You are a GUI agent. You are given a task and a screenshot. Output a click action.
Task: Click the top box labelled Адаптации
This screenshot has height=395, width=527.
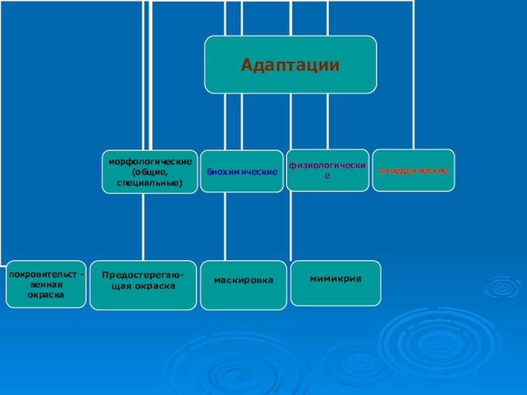point(291,65)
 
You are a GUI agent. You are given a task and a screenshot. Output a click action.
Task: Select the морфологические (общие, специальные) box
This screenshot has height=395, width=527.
point(150,171)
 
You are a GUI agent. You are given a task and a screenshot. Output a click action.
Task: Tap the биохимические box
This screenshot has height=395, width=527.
point(242,171)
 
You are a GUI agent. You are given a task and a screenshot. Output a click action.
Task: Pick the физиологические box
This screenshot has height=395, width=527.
point(327,171)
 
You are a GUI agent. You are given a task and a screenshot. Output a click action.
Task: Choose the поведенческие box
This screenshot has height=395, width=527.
point(413,171)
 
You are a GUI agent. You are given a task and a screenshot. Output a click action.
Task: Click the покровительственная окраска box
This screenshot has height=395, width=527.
point(45,284)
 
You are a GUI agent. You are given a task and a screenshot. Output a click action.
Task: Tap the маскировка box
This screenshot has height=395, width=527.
point(244,285)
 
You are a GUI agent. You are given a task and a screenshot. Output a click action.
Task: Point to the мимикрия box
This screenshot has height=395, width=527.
point(336,283)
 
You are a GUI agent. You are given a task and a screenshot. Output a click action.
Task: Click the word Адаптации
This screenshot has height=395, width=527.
point(291,65)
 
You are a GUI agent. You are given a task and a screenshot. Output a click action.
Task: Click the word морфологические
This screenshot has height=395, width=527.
point(150,161)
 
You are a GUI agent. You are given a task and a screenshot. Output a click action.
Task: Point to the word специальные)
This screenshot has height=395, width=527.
point(150,181)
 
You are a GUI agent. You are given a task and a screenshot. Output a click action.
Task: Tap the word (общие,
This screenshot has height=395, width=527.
point(150,171)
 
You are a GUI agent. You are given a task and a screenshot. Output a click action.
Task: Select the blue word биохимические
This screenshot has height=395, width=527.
point(242,171)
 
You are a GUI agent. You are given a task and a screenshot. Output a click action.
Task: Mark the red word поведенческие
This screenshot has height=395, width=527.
point(413,171)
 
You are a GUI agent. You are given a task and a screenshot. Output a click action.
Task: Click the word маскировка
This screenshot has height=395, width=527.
point(244,280)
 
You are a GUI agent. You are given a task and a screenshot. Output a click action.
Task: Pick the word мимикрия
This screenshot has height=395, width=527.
point(336,278)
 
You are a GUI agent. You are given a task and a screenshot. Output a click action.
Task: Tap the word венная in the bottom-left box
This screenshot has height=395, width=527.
point(45,285)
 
